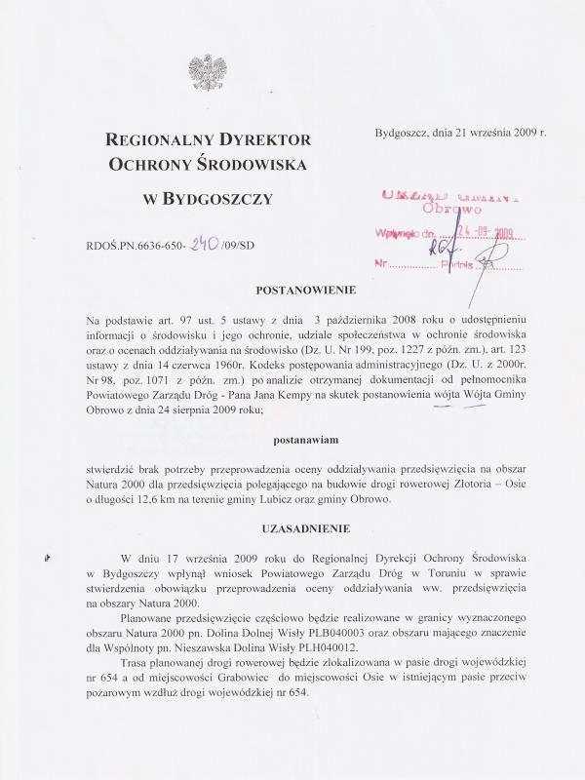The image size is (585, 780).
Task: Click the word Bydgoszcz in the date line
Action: click(x=403, y=132)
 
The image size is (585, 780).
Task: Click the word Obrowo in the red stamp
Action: click(x=448, y=209)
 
